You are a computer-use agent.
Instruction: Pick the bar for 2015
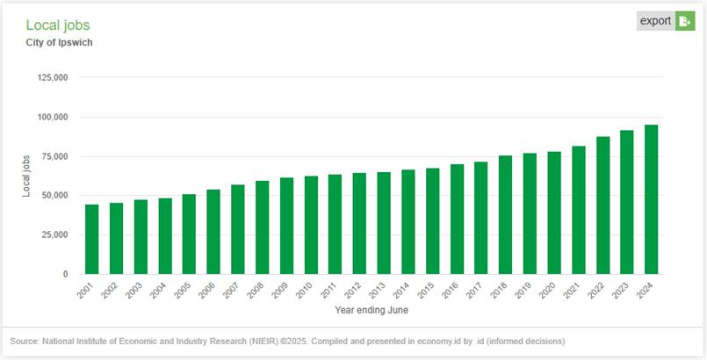[x=432, y=220]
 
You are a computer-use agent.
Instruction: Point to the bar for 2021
[x=578, y=210]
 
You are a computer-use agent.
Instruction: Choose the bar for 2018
[x=505, y=214]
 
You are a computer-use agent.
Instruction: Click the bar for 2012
[x=359, y=223]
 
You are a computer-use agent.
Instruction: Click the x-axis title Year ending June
[x=372, y=310]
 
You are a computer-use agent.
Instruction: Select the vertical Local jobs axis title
[x=27, y=176]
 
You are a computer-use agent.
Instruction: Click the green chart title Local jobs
[x=58, y=25]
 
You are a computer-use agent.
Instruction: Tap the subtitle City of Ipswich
[x=60, y=42]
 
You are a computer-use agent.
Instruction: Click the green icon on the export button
[x=684, y=21]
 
